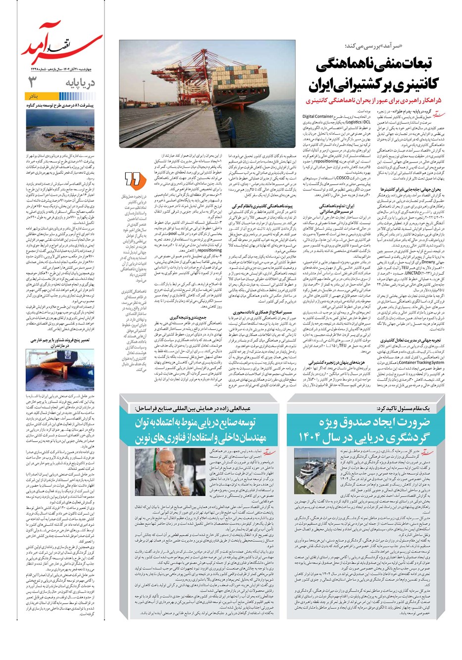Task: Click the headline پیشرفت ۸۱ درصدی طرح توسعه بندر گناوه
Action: [60, 104]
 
